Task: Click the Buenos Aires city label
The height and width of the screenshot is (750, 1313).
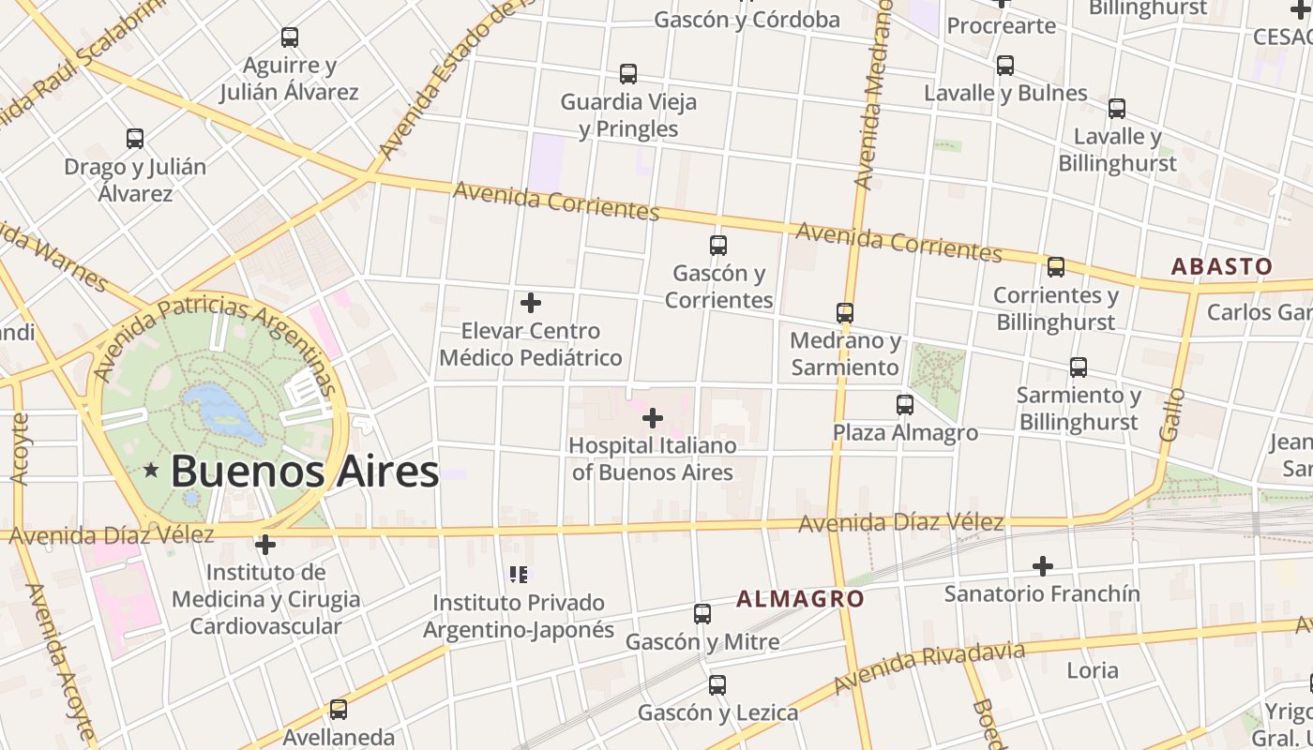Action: pyautogui.click(x=305, y=471)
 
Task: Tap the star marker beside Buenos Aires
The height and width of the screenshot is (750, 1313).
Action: pyautogui.click(x=150, y=471)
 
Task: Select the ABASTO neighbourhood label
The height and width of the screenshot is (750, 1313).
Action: pyautogui.click(x=1222, y=266)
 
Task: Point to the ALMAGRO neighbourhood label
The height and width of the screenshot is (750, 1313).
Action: pyautogui.click(x=800, y=598)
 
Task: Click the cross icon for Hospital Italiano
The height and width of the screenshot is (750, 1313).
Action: pyautogui.click(x=653, y=417)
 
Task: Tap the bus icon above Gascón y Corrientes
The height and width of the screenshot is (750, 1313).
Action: pyautogui.click(x=718, y=246)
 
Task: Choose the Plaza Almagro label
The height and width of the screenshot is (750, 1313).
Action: pyautogui.click(x=905, y=432)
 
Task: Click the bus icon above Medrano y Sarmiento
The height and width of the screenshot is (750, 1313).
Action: pyautogui.click(x=845, y=312)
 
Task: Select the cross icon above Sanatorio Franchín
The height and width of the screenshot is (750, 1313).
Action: pyautogui.click(x=1042, y=566)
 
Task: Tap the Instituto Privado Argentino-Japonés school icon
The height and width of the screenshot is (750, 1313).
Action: pyautogui.click(x=519, y=574)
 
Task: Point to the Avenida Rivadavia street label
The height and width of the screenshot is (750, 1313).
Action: pyautogui.click(x=928, y=667)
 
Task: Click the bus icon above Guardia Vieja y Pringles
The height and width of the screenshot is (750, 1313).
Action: pyautogui.click(x=628, y=73)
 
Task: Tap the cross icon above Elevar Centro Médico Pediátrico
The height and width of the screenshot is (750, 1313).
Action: pyautogui.click(x=531, y=303)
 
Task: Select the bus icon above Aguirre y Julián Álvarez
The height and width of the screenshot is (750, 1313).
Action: pyautogui.click(x=290, y=37)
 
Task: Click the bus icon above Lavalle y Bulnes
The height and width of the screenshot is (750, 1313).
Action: pyautogui.click(x=1005, y=66)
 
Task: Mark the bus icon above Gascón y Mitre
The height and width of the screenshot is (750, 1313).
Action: pyautogui.click(x=702, y=614)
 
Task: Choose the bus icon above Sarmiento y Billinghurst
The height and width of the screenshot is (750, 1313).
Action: pyautogui.click(x=1079, y=367)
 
